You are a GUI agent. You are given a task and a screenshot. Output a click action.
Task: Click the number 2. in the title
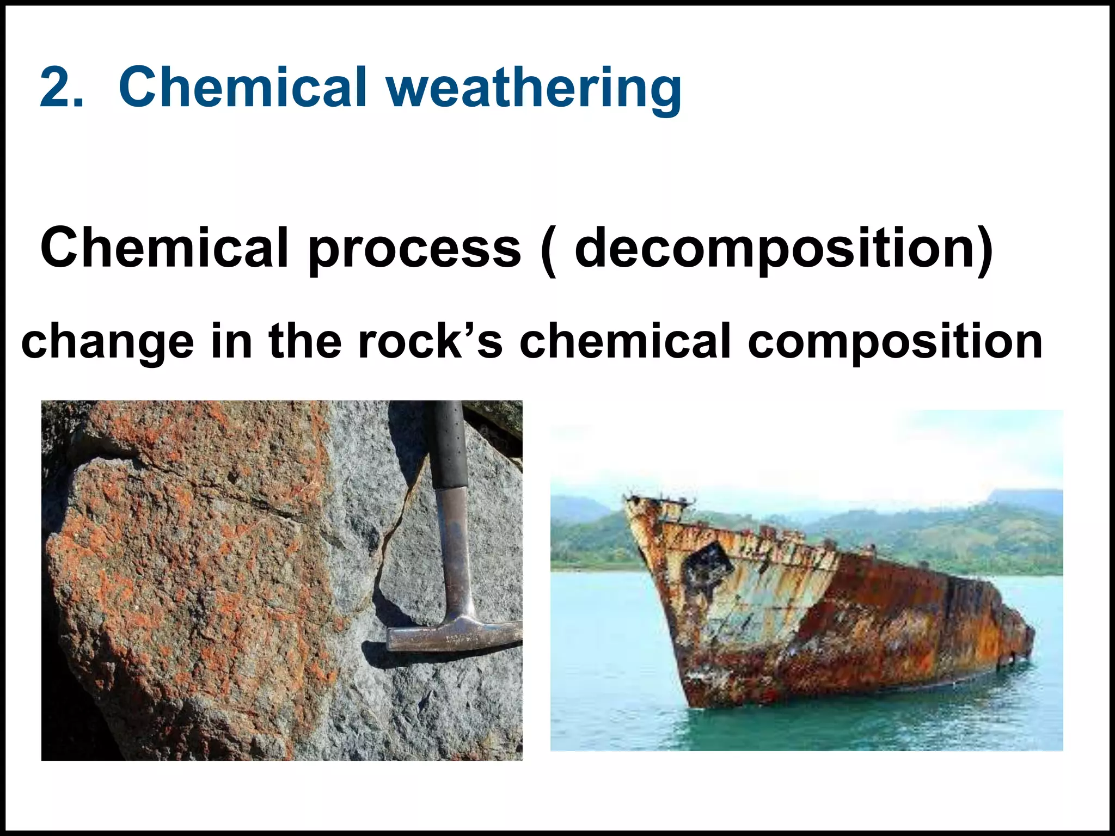(x=62, y=87)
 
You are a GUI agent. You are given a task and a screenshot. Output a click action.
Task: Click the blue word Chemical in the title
(x=242, y=87)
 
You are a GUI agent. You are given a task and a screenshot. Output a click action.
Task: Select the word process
(x=415, y=249)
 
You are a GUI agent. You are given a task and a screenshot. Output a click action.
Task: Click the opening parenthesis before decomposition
(x=549, y=249)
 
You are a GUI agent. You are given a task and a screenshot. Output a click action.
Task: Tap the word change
(x=108, y=342)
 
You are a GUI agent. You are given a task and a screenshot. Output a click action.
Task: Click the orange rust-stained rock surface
(x=180, y=571)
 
